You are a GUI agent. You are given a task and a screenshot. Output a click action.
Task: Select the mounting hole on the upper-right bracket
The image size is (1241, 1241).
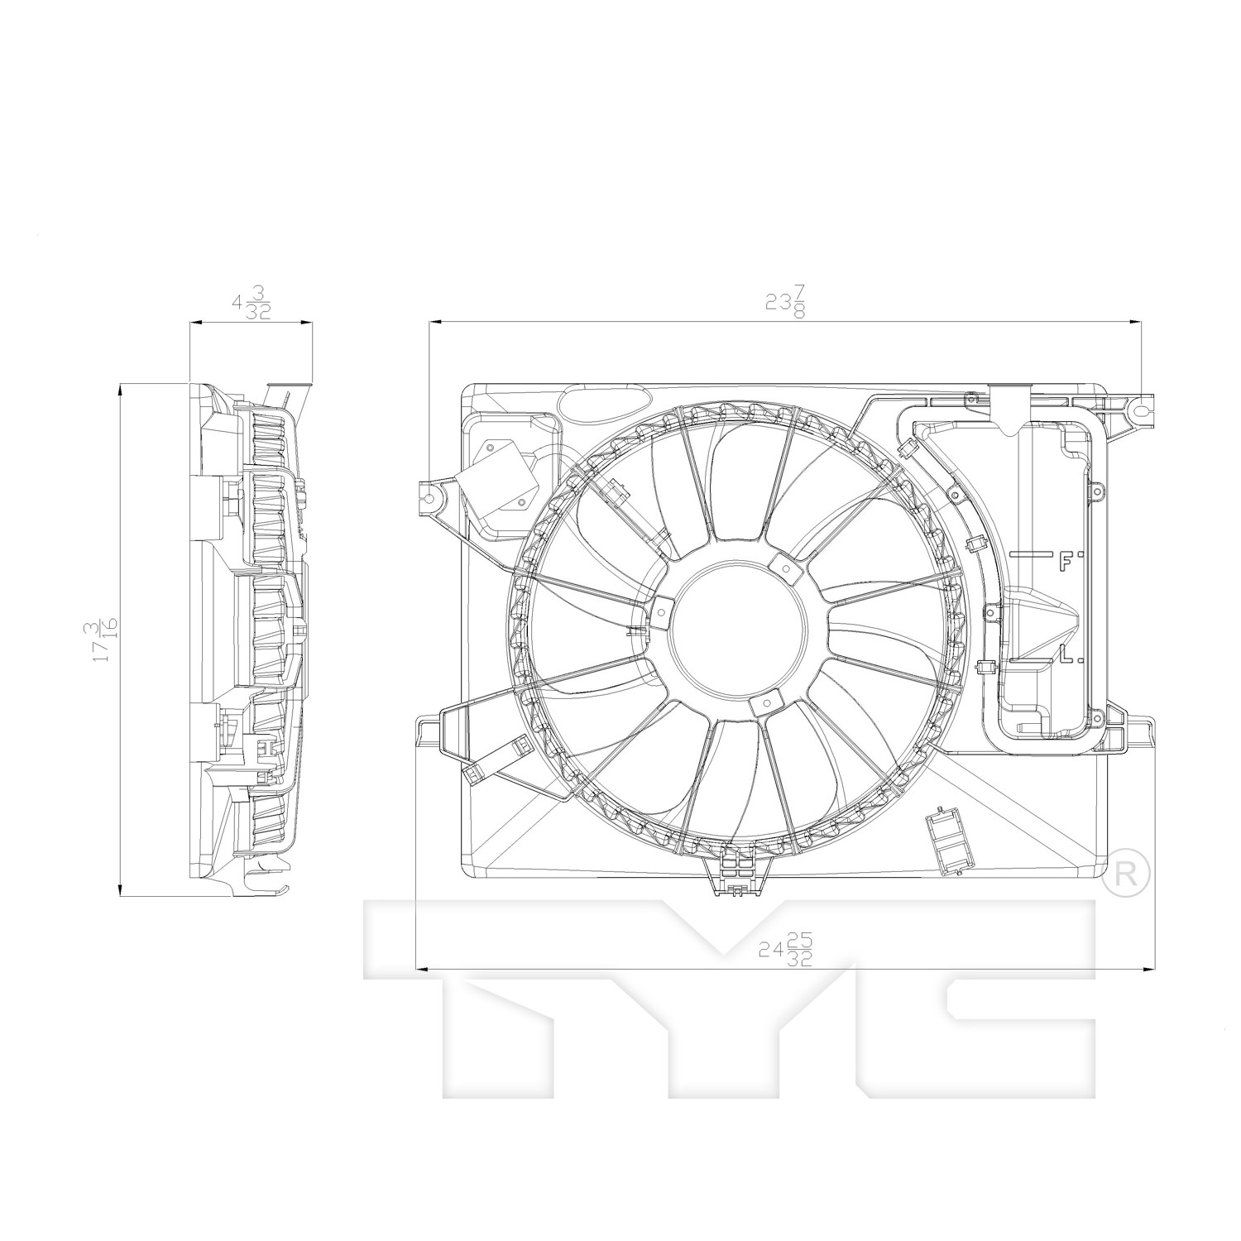(1142, 409)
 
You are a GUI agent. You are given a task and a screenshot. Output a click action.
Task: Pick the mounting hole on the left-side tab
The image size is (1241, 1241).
(428, 496)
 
